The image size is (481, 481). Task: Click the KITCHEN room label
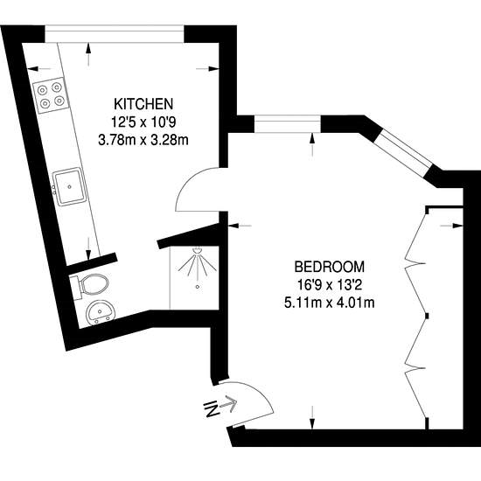click(x=143, y=104)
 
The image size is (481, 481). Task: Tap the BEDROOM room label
click(x=330, y=267)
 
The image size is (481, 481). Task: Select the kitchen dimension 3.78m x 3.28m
click(x=143, y=140)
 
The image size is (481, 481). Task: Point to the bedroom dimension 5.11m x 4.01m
click(x=330, y=303)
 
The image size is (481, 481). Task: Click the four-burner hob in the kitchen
click(x=51, y=95)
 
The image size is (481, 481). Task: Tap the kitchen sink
click(x=69, y=186)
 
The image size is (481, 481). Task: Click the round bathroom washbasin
click(x=101, y=312)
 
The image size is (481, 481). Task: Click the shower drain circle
click(x=198, y=287)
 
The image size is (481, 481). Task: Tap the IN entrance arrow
click(x=220, y=406)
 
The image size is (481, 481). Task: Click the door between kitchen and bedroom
click(x=197, y=190)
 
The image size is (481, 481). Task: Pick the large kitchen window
click(x=115, y=33)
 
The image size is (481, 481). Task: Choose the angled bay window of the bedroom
click(x=404, y=152)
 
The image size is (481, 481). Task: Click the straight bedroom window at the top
click(x=288, y=123)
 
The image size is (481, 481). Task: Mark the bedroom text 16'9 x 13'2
click(x=330, y=285)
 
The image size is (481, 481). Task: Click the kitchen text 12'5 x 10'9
click(x=143, y=122)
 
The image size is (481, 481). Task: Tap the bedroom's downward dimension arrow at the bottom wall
click(x=312, y=417)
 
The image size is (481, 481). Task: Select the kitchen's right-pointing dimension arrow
click(x=207, y=69)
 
